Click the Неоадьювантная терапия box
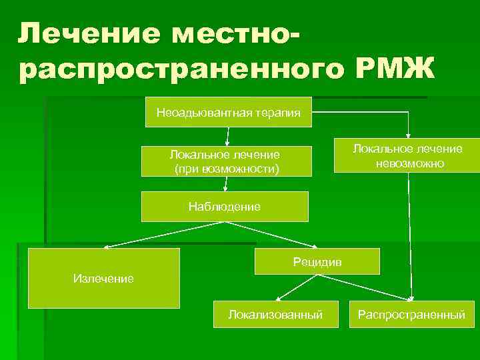(x=228, y=112)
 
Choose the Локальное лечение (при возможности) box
(x=226, y=161)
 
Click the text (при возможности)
(x=226, y=169)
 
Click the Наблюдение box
(x=225, y=207)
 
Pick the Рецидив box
(x=317, y=261)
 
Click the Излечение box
(x=103, y=278)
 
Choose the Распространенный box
(x=411, y=314)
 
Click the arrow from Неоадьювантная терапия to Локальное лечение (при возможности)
(x=228, y=136)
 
